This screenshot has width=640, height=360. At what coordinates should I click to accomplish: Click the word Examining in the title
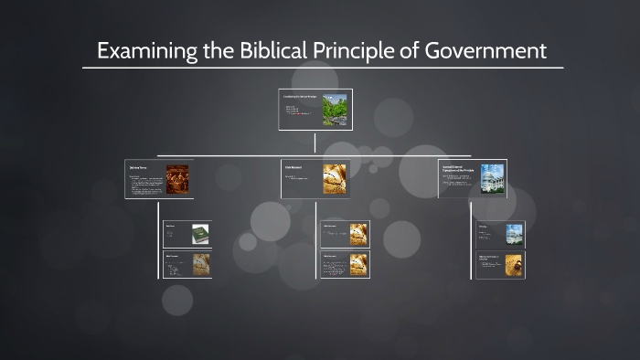tap(141, 51)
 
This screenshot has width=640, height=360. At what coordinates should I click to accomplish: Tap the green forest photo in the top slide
tap(335, 110)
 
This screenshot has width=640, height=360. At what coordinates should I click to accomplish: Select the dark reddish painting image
tap(176, 178)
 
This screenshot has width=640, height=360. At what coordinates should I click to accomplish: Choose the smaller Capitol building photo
tap(514, 234)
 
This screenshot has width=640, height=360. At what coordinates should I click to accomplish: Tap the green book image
tap(200, 234)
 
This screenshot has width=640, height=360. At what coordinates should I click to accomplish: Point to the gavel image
tap(514, 264)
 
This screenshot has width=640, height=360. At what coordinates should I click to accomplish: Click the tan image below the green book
tap(200, 264)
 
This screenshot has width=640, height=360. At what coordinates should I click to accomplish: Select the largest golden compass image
tap(335, 178)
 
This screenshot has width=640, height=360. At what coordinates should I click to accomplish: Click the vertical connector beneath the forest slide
tap(315, 143)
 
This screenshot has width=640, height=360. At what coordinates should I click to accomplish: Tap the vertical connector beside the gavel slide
tap(473, 249)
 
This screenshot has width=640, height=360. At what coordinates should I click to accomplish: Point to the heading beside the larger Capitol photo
tap(456, 168)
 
